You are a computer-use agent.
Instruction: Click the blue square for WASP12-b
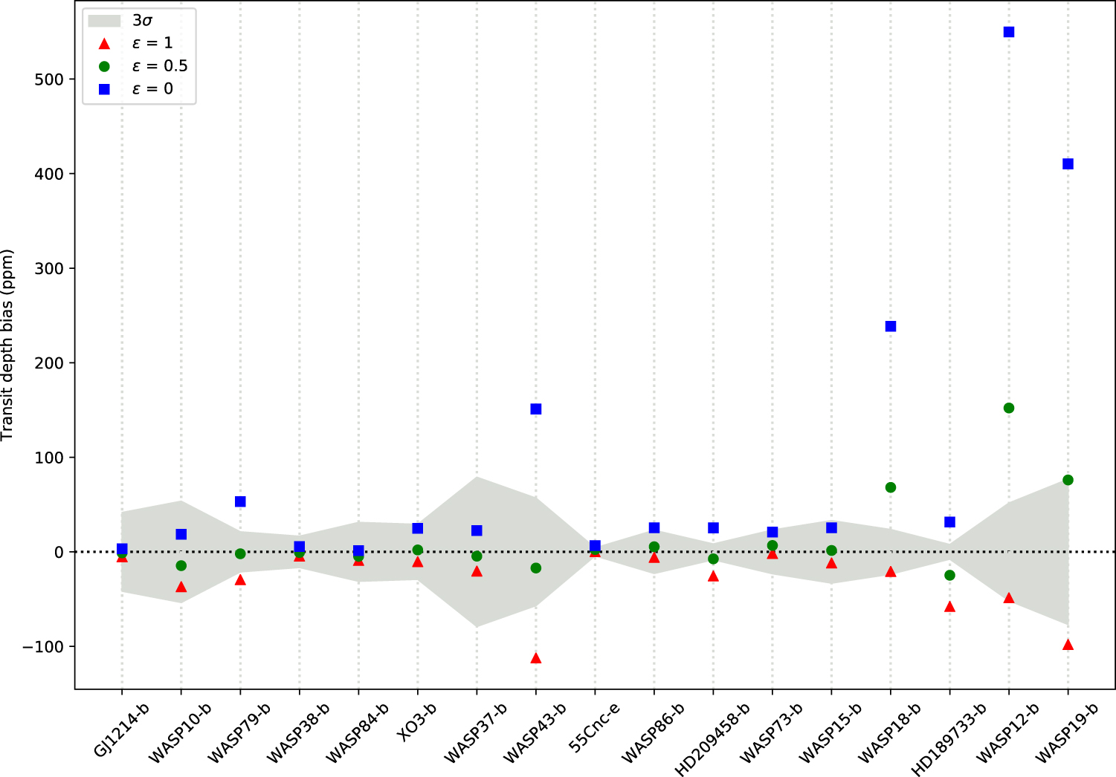point(1009,32)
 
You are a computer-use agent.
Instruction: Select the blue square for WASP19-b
point(1068,164)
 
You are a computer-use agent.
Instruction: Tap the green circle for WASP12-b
point(1009,408)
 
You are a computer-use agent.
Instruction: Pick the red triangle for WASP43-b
point(536,658)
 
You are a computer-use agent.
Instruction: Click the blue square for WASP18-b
point(891,326)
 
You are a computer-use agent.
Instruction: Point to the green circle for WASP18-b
point(891,487)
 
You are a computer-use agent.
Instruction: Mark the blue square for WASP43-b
point(536,409)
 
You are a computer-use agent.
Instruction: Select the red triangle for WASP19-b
point(1068,645)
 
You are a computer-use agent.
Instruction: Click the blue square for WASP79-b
point(240,501)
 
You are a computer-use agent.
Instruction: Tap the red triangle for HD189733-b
point(949,607)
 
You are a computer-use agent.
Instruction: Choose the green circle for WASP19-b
point(1068,480)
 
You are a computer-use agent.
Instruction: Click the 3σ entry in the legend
point(141,21)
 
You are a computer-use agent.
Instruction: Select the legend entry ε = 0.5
point(159,66)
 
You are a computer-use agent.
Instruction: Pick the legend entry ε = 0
point(152,89)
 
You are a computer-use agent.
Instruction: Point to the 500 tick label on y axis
point(49,79)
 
